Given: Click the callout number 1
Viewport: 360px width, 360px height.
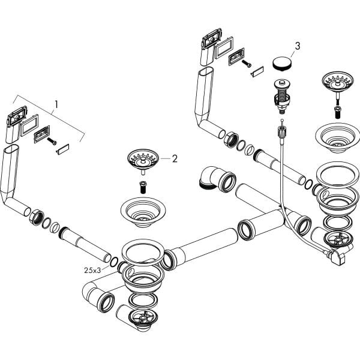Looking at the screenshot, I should pos(56,104).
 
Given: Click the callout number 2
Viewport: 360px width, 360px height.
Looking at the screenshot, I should pos(175,158).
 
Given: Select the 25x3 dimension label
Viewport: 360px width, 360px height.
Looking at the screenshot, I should pos(92,269).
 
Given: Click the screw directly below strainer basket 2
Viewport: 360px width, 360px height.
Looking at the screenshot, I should pos(143,185).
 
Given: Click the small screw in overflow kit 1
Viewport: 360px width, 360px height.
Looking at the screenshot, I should pos(51,142).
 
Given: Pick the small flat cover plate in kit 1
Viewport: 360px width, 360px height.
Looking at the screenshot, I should pos(63,148).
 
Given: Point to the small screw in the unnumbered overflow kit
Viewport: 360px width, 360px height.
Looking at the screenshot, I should pos(247,64).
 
